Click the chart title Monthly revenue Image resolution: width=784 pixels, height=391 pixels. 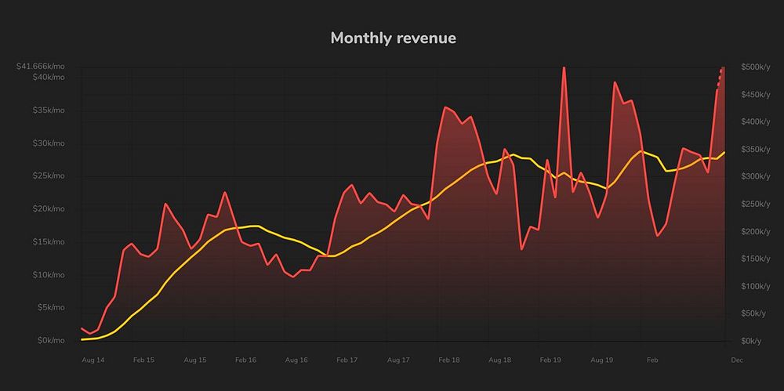(393, 38)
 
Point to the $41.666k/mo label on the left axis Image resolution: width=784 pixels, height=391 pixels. (41, 67)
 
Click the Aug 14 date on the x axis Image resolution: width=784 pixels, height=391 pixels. (93, 360)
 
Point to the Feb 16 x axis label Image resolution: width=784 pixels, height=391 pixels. (245, 360)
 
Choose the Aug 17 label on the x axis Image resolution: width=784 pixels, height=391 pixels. (398, 360)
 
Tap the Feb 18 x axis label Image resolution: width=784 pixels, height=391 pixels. (449, 360)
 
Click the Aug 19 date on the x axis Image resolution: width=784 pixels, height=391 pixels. (601, 360)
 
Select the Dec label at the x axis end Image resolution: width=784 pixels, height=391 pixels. (737, 360)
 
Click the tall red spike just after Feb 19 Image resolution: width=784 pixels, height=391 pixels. (564, 71)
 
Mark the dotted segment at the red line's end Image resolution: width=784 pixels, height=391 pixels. (720, 78)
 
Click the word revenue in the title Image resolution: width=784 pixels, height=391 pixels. (426, 38)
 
